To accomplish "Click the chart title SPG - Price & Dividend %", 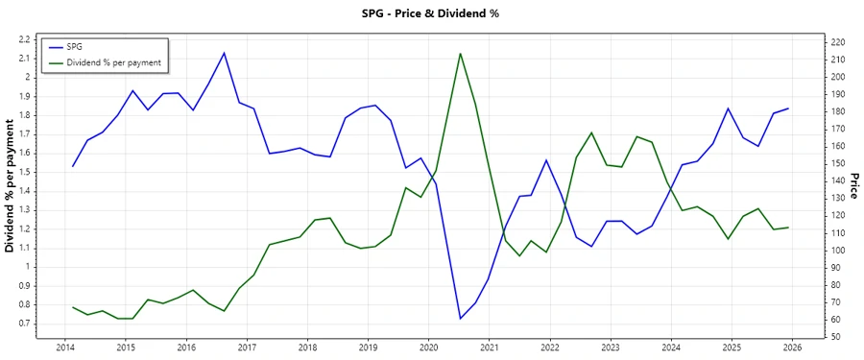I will (432, 13).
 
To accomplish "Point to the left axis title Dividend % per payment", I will (11, 186).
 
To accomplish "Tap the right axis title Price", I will (854, 186).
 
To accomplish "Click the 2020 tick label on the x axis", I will (428, 348).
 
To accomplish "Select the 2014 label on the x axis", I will (65, 348).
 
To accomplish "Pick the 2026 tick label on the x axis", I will (792, 348).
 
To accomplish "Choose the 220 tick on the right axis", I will (838, 42).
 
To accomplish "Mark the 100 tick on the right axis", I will (838, 251).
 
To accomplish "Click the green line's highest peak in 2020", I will (461, 53).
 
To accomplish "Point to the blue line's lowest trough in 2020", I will (461, 319).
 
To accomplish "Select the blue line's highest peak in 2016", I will (224, 53).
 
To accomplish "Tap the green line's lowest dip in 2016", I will (224, 311).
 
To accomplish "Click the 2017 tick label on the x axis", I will (247, 348).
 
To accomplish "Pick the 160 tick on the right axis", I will (838, 146).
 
